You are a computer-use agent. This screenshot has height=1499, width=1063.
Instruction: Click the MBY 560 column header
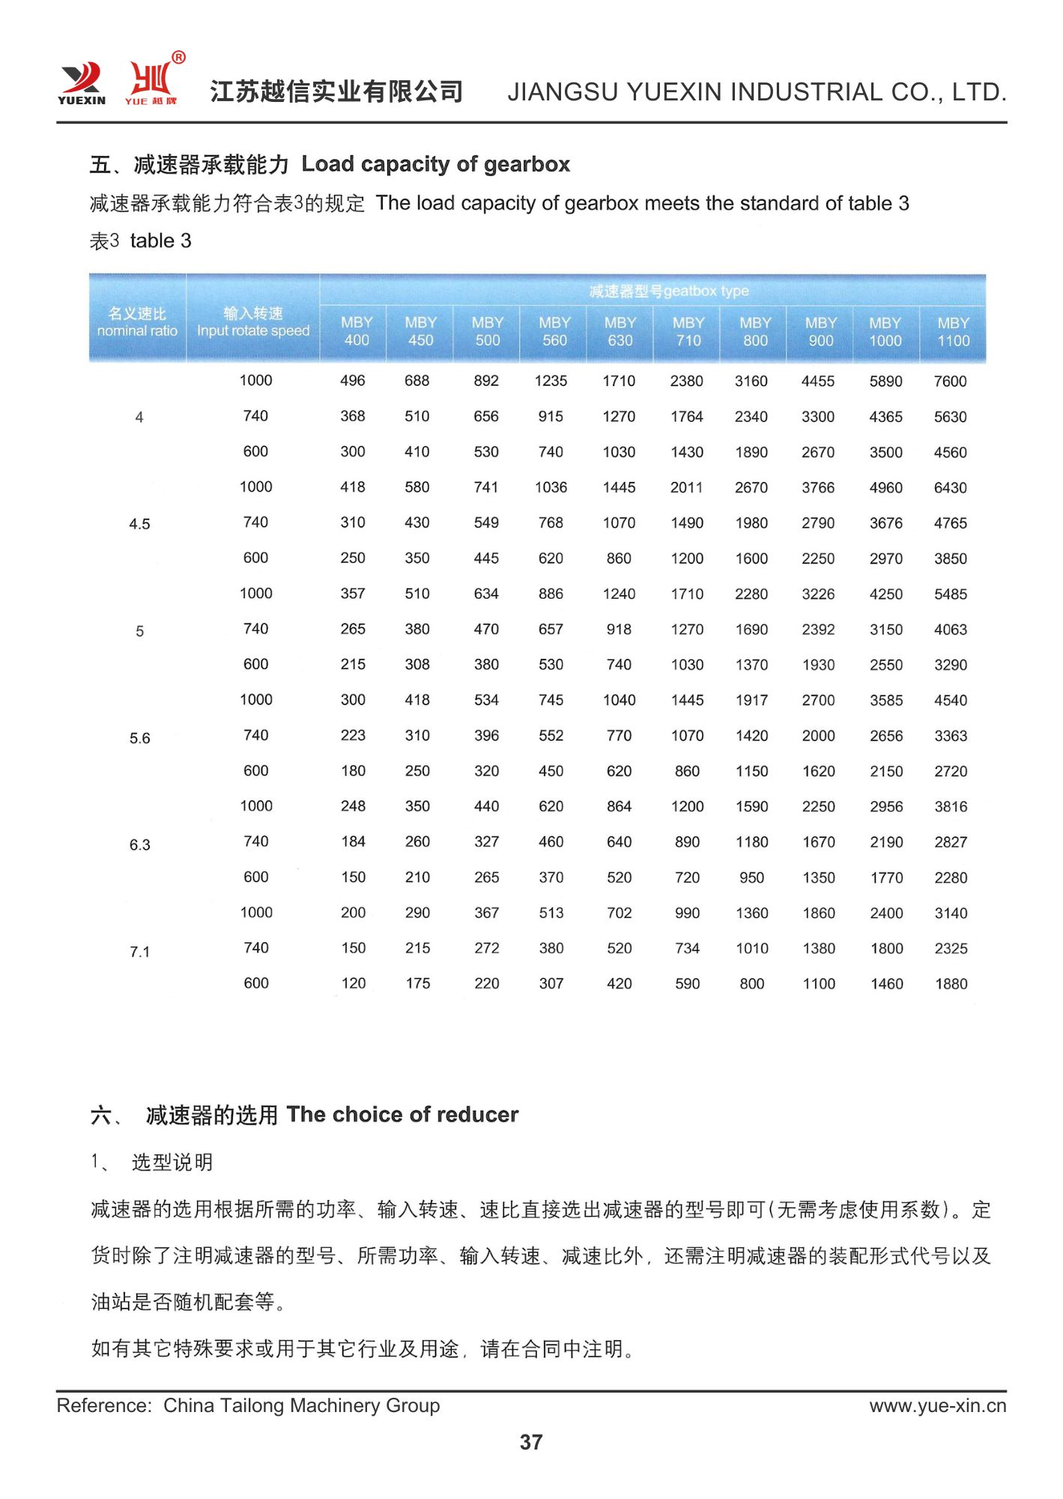tap(554, 331)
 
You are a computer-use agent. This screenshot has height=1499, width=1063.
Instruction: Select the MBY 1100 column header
tap(953, 332)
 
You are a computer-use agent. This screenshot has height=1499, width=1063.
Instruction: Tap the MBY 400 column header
tap(357, 331)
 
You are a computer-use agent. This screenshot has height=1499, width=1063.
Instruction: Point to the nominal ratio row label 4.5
tap(140, 524)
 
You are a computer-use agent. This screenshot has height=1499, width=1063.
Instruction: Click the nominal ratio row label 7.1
tap(140, 952)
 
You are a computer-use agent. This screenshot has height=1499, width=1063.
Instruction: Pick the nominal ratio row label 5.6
tap(140, 738)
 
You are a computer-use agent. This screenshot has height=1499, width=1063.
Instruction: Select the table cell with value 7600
tap(950, 381)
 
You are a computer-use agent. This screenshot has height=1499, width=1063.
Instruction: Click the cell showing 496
tap(353, 381)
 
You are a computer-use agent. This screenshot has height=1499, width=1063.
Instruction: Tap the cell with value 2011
tap(686, 488)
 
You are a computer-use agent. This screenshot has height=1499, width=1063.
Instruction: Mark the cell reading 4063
tap(950, 630)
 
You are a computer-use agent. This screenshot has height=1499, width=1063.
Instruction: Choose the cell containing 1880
tap(951, 984)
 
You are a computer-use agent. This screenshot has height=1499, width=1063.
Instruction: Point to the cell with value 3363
tap(951, 736)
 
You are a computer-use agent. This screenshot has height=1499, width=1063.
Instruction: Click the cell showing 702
tap(620, 913)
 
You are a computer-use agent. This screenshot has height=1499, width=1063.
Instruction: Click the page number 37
tap(531, 1442)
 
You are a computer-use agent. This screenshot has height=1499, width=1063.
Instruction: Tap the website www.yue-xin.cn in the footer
tap(937, 1406)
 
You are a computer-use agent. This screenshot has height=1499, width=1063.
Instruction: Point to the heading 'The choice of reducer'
tap(402, 1115)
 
